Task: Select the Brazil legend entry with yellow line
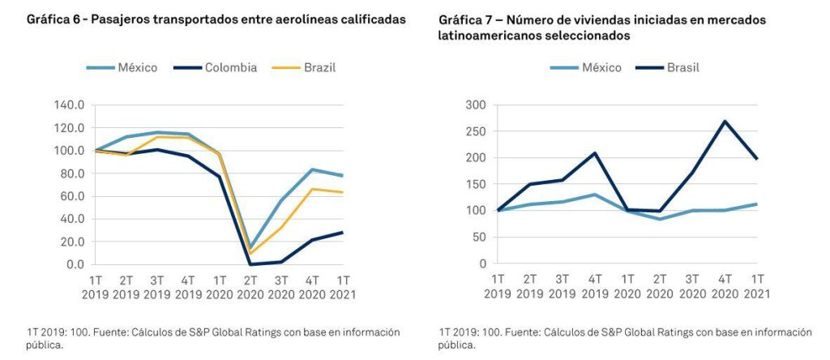point(315,67)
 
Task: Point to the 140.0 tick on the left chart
point(68,105)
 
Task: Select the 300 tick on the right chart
point(477,105)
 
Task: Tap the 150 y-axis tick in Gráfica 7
point(477,184)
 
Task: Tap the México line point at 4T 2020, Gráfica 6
point(312,169)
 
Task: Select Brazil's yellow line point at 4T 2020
point(312,189)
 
